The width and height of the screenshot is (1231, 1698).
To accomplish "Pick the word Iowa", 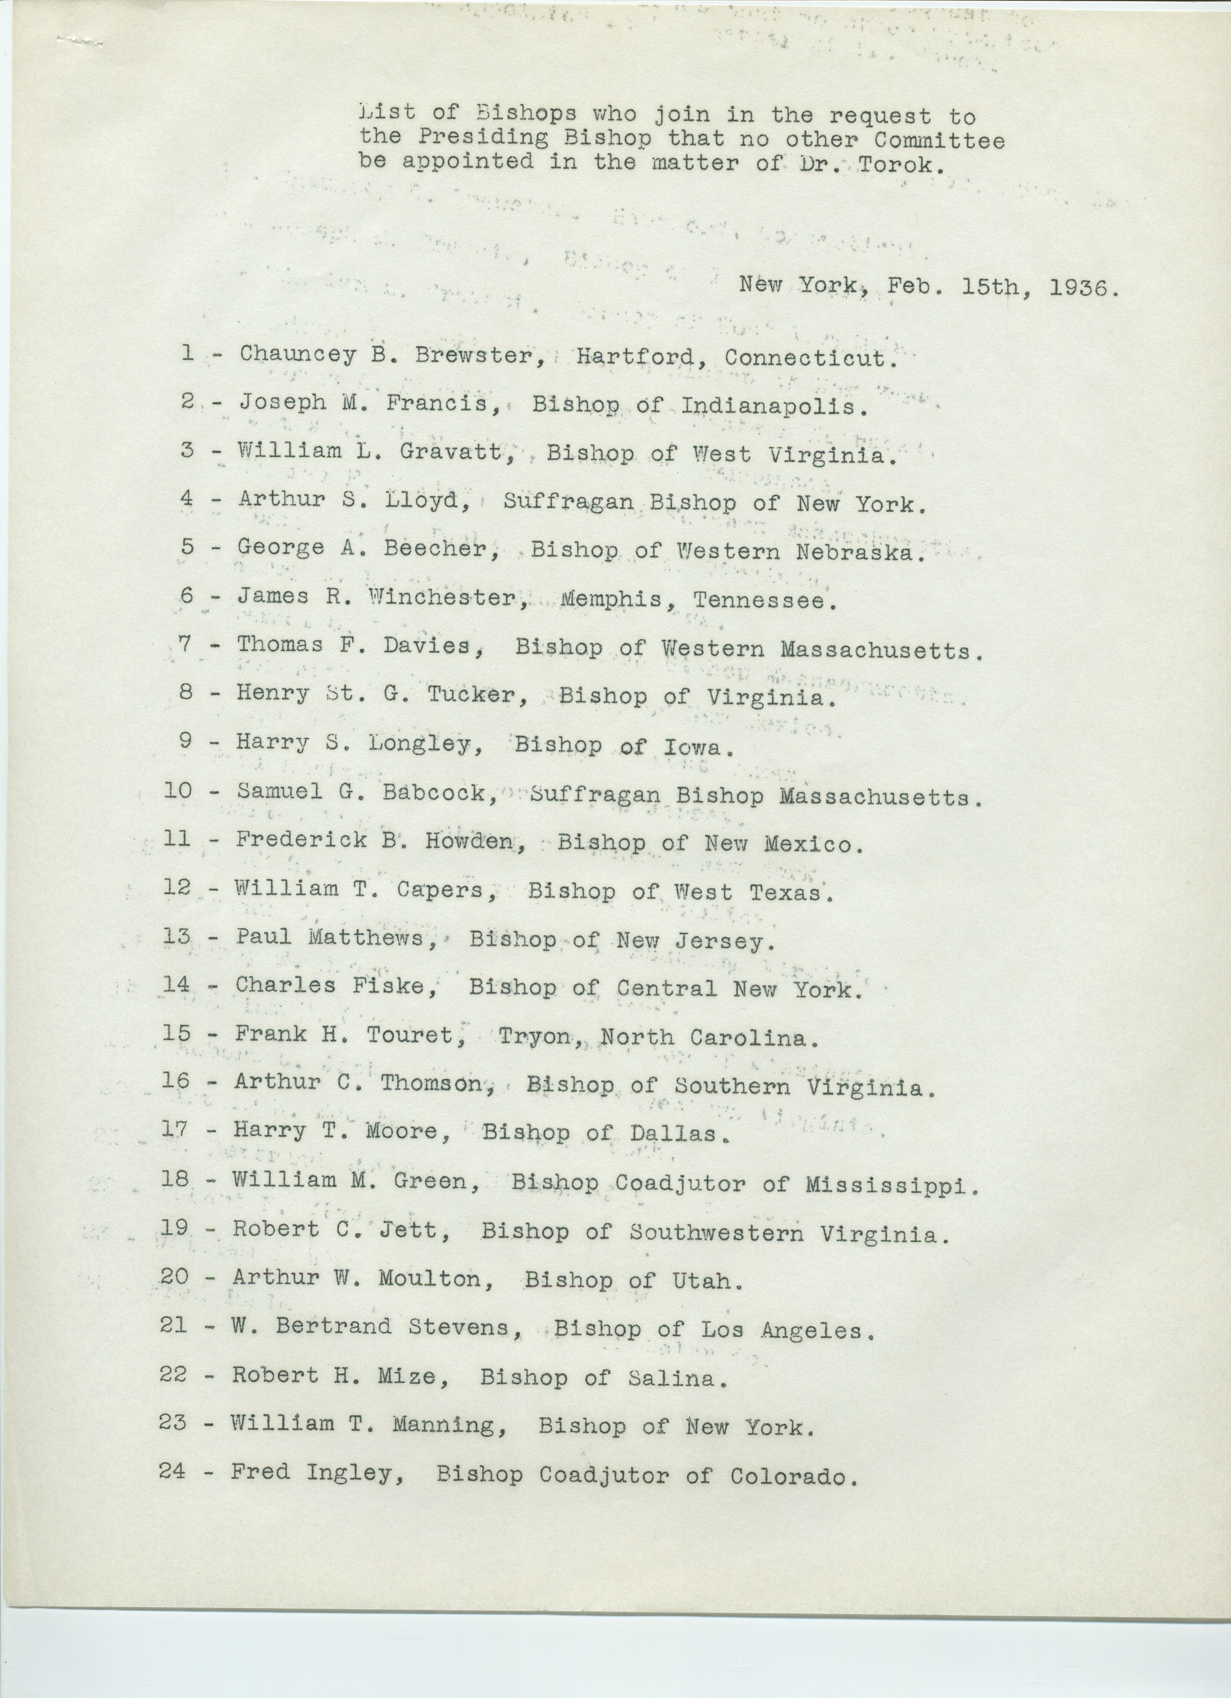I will tap(694, 746).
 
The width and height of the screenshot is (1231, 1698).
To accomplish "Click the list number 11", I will tap(177, 839).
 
